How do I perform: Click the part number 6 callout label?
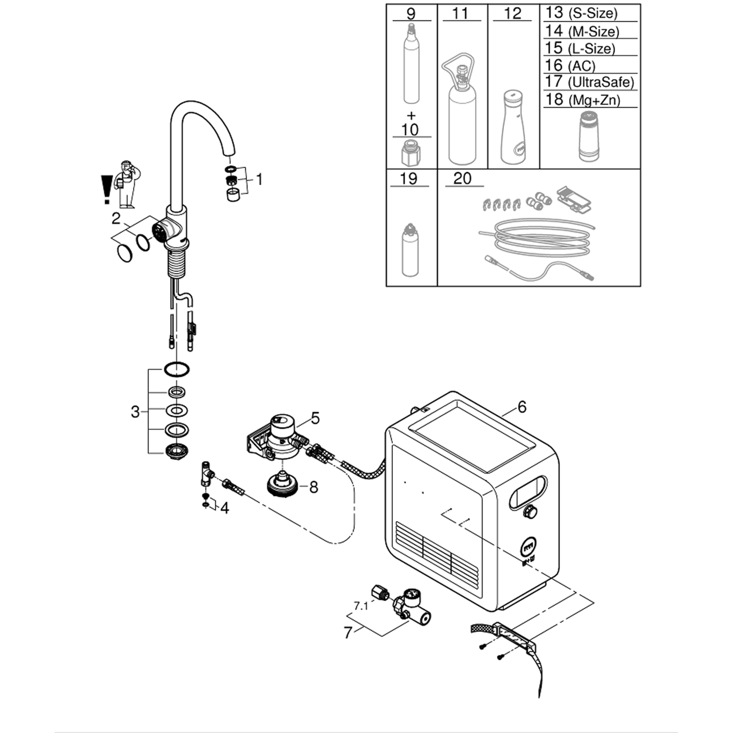[522, 407]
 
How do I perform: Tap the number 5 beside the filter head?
[315, 418]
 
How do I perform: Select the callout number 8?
[314, 487]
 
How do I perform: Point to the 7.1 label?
[361, 606]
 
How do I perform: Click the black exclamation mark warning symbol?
[106, 189]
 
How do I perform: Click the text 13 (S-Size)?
[581, 13]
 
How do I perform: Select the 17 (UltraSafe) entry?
[589, 82]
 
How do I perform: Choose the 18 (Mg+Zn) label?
[582, 100]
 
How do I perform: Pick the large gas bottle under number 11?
[461, 115]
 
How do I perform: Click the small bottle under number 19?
[410, 251]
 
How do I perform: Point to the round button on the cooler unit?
[530, 511]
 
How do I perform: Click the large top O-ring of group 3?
[177, 369]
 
